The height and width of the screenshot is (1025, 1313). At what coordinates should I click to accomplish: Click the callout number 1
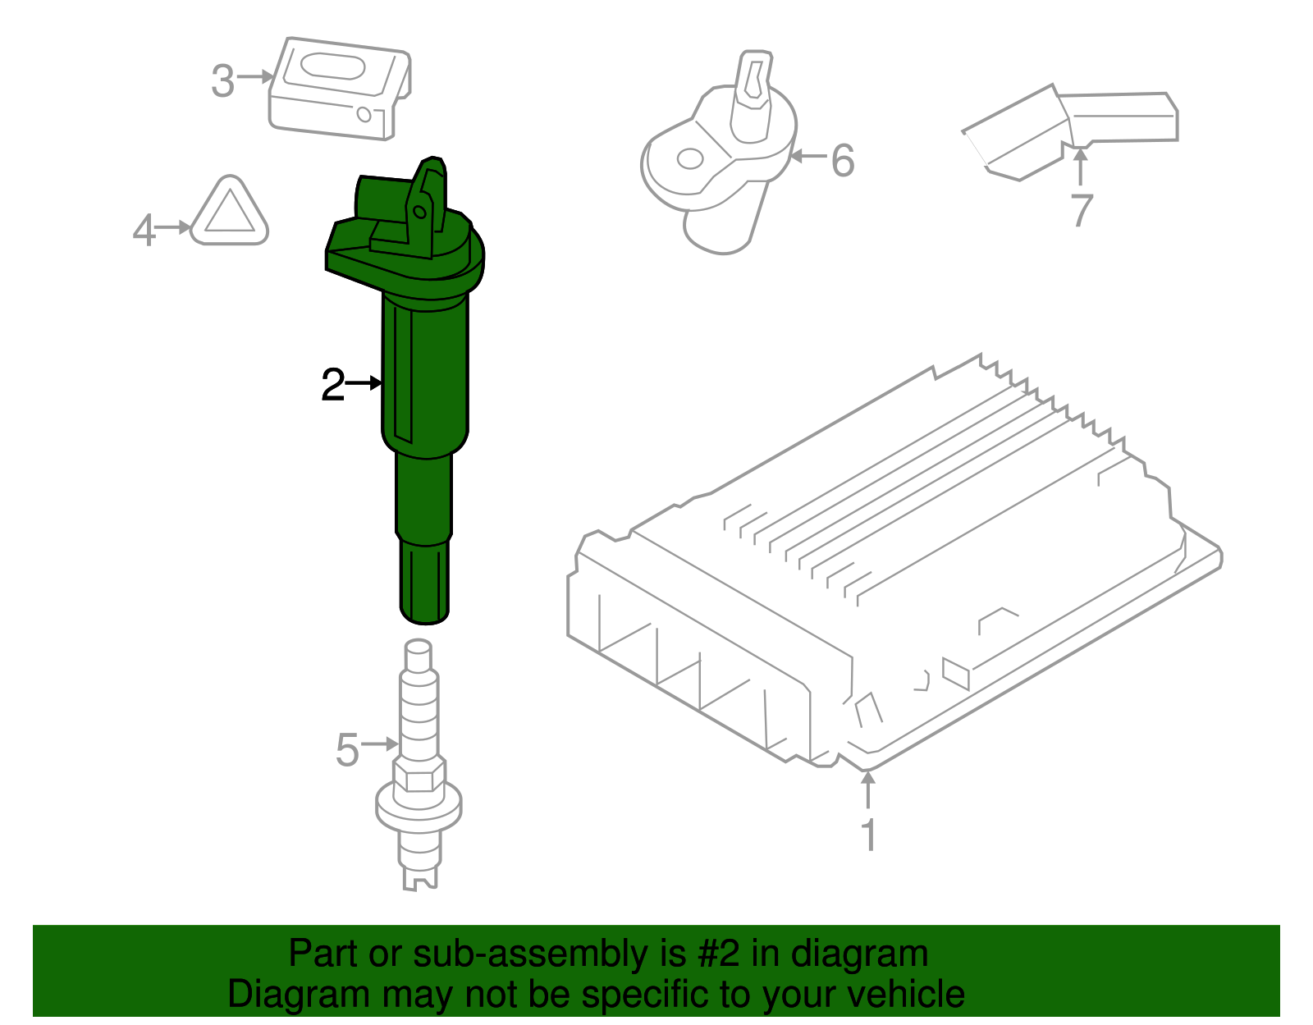[869, 835]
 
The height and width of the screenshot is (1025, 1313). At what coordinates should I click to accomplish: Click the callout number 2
[333, 385]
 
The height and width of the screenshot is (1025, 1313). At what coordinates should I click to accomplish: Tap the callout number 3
[222, 81]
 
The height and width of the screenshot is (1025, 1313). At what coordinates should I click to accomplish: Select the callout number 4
[144, 230]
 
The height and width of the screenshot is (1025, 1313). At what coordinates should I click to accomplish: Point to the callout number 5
[347, 749]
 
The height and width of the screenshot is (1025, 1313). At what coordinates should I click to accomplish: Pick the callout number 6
[843, 161]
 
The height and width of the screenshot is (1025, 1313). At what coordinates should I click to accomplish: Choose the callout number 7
[1082, 209]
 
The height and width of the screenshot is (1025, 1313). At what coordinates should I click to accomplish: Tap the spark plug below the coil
[419, 764]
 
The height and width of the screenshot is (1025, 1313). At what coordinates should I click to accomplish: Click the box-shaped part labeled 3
[340, 88]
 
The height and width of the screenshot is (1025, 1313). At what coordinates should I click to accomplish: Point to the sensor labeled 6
[719, 151]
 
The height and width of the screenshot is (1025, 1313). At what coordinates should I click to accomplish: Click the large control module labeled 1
[894, 561]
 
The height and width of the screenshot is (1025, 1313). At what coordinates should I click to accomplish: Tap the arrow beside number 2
[364, 383]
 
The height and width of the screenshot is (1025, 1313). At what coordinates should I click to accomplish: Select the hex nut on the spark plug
[419, 776]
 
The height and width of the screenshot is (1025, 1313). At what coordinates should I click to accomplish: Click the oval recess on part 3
[332, 66]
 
